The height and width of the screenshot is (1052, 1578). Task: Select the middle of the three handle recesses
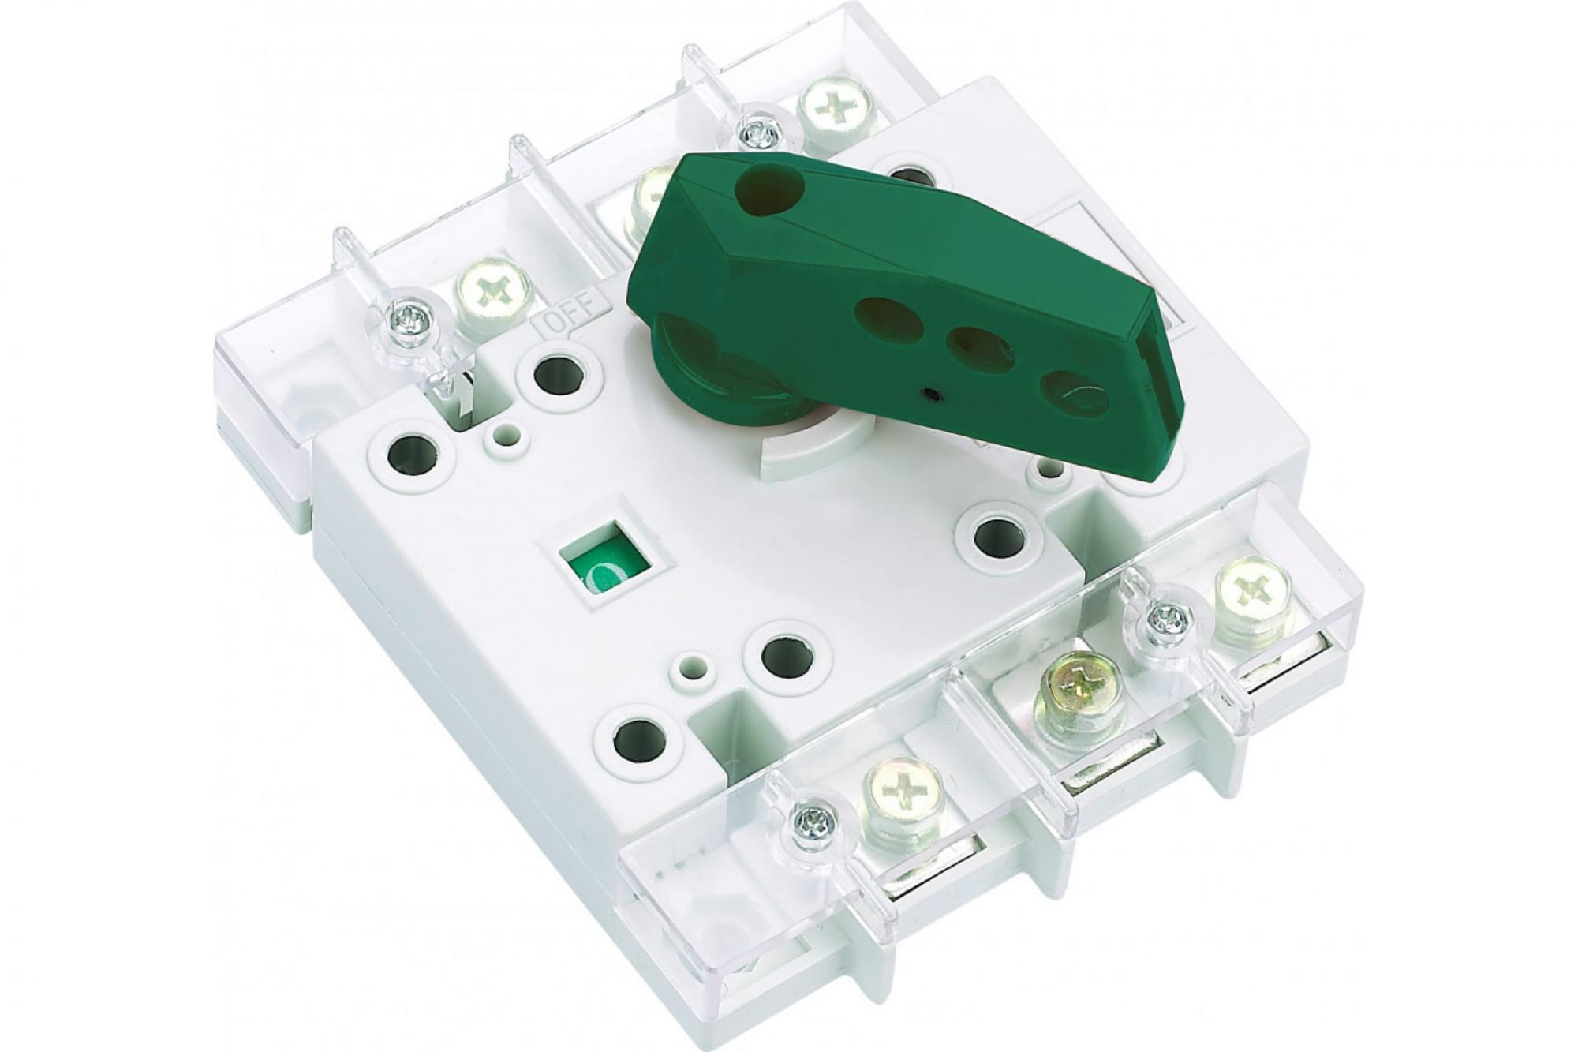[982, 350]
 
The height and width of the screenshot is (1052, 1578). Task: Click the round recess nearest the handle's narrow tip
[1074, 392]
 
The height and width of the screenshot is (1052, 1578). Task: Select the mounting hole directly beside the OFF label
[559, 374]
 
